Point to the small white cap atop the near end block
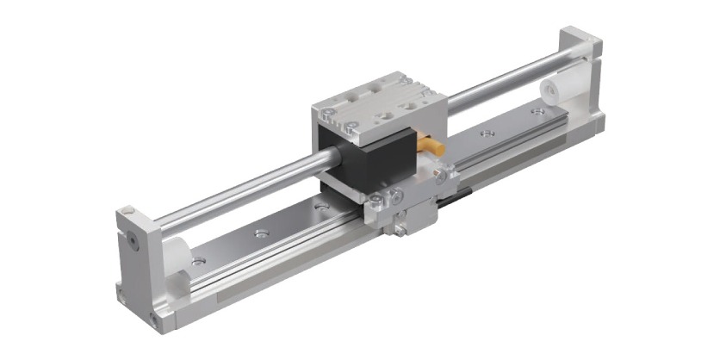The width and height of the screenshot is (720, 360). pyautogui.click(x=128, y=209)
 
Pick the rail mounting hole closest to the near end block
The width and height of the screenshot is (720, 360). pyautogui.click(x=199, y=259)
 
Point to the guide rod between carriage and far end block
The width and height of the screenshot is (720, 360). pyautogui.click(x=508, y=78)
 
